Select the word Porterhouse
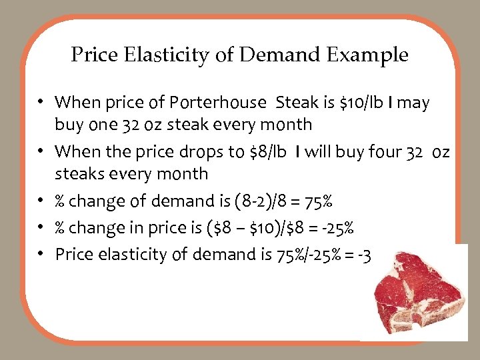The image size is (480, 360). [219, 103]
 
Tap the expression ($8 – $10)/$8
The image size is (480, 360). [268, 228]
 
